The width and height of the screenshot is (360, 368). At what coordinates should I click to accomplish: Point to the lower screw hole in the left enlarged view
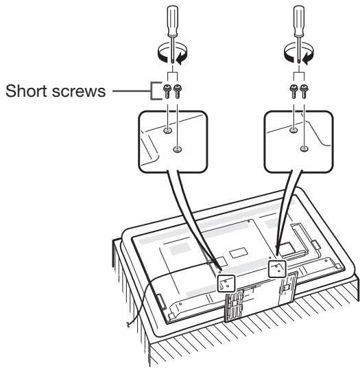point(177,147)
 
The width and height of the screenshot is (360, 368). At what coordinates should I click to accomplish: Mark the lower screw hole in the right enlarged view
point(304,147)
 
